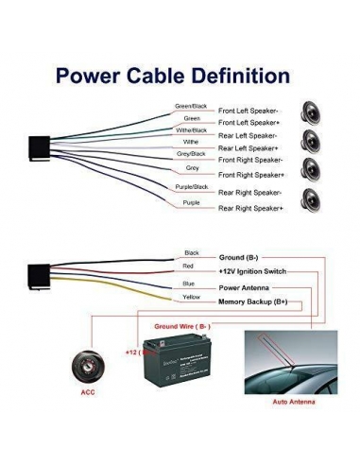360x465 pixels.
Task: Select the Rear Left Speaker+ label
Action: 249,148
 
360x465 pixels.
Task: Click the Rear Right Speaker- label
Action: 250,193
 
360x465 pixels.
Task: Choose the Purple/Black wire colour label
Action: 191,187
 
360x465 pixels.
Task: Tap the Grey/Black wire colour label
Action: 191,153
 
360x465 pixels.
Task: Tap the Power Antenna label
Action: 243,287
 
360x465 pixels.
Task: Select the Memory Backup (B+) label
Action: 253,301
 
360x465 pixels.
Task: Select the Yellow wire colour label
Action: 192,297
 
